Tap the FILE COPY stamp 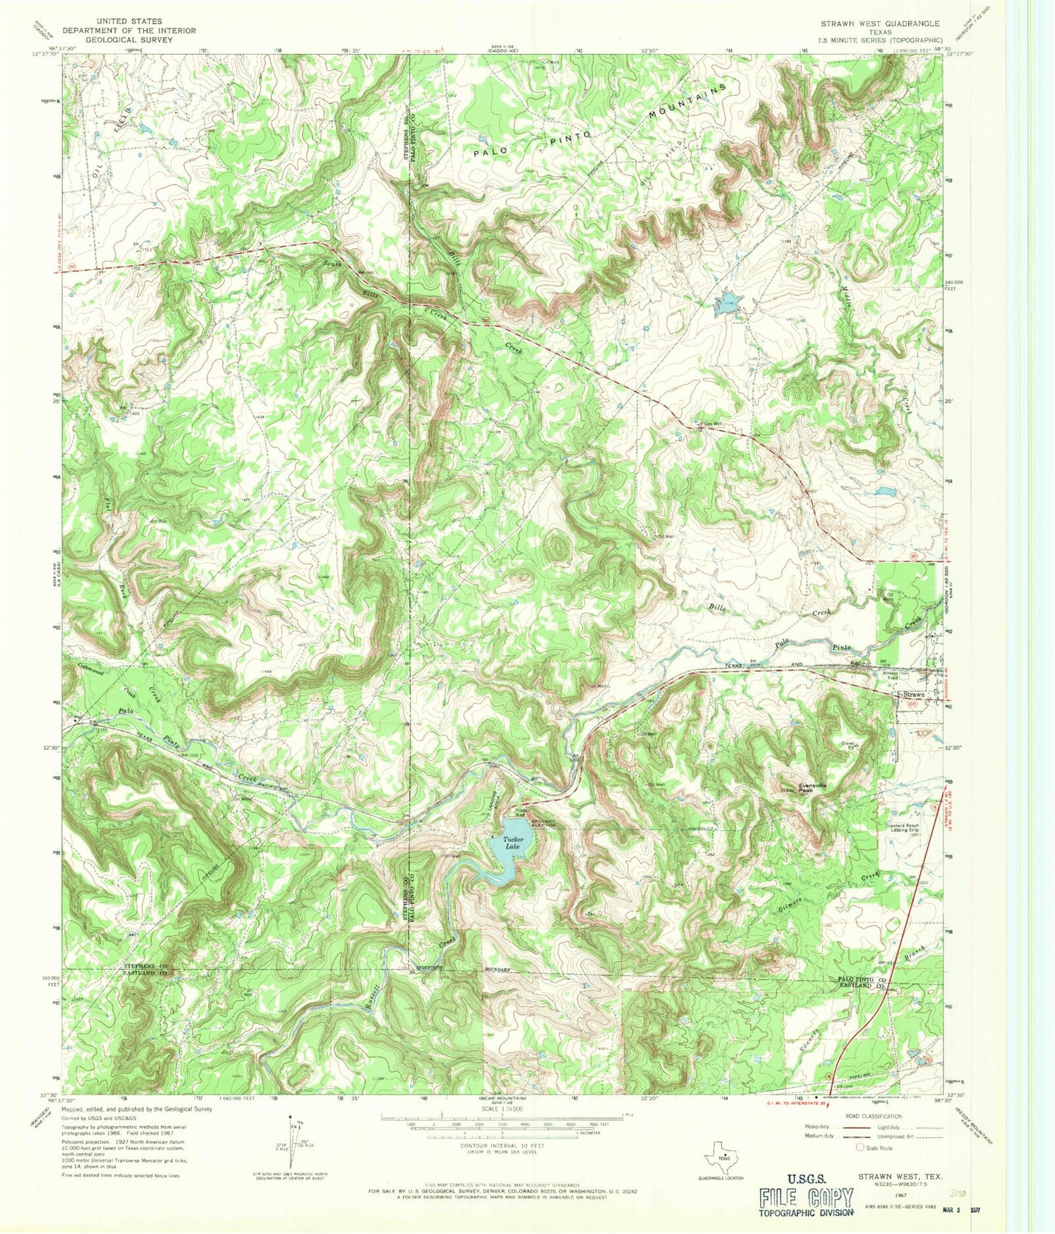806,1198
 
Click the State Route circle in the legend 862,1148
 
